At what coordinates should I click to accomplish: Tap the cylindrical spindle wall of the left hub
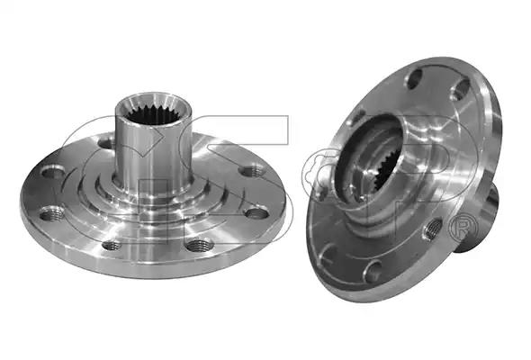(153, 156)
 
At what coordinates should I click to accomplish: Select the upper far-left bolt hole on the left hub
(53, 171)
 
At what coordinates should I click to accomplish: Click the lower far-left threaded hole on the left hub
(52, 213)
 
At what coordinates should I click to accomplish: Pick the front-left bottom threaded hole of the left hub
(112, 245)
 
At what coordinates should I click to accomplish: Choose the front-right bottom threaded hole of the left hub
(199, 245)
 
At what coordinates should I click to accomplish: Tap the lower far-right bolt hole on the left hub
(256, 213)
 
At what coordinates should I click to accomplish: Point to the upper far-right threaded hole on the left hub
(251, 170)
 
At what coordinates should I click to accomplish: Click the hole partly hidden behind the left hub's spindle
(105, 143)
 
